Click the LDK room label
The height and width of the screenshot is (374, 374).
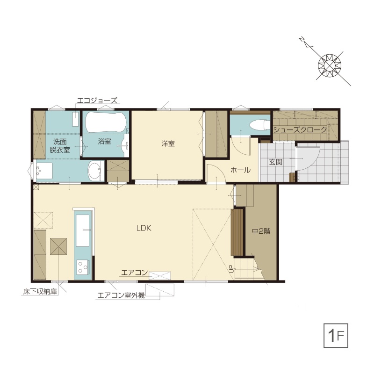[x=144, y=228]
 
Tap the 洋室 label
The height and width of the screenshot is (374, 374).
[x=168, y=144]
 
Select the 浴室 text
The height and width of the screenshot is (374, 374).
[x=104, y=141]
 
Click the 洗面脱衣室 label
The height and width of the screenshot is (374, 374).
[x=60, y=146]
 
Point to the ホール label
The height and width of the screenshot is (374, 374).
[x=240, y=170]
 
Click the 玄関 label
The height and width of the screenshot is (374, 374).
[x=276, y=162]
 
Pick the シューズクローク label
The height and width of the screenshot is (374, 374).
[x=300, y=130]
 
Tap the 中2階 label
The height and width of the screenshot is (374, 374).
[x=261, y=231]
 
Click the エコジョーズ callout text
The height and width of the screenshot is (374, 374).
[x=97, y=101]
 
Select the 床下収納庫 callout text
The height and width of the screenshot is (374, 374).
[x=40, y=291]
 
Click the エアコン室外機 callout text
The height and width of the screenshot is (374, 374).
[x=121, y=295]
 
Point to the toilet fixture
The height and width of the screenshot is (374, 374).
[x=259, y=124]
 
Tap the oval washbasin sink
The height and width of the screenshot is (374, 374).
[x=94, y=171]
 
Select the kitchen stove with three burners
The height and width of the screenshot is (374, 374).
[x=83, y=267]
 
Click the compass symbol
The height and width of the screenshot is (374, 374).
[x=330, y=65]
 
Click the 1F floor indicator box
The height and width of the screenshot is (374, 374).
[x=336, y=335]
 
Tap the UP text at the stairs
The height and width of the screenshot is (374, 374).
[x=231, y=268]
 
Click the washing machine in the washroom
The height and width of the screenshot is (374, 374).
[x=44, y=170]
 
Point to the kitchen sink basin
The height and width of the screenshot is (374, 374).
[x=83, y=230]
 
